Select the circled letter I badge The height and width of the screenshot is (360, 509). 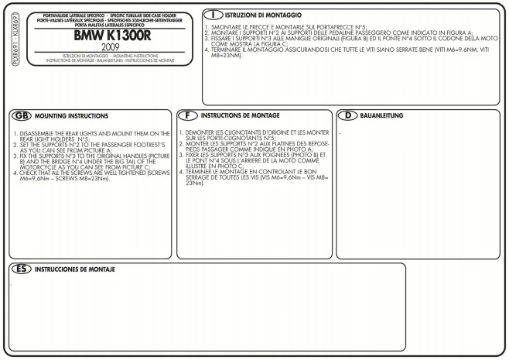point(214,15)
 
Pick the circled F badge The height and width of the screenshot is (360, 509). point(186,116)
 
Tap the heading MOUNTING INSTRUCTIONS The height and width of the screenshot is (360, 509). point(70,116)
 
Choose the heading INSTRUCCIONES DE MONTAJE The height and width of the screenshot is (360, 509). point(75,269)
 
